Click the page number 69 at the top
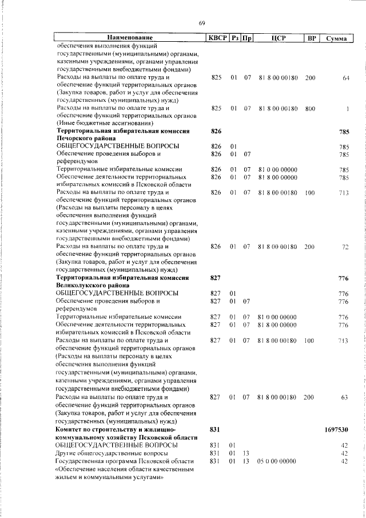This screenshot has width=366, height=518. click(x=201, y=23)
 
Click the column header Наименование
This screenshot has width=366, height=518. click(x=130, y=38)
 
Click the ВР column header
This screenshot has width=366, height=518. click(x=311, y=38)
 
